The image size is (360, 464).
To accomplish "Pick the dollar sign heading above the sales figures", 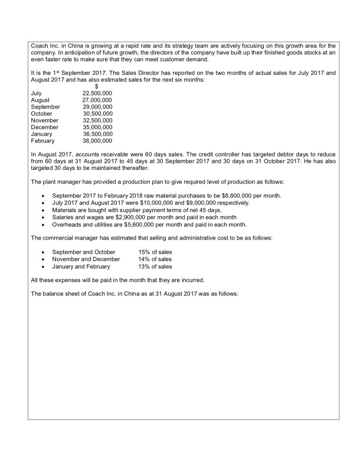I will [x=89, y=87].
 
